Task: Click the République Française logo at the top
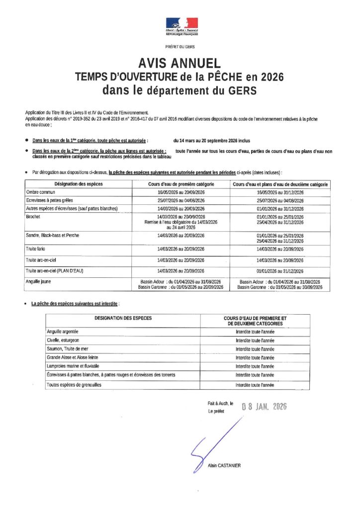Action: point(181,26)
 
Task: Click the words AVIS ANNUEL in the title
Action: point(180,64)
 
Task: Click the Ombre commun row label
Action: point(41,192)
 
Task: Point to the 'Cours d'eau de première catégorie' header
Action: point(181,184)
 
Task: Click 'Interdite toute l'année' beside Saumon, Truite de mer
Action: point(255,349)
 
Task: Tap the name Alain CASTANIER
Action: point(224,465)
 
